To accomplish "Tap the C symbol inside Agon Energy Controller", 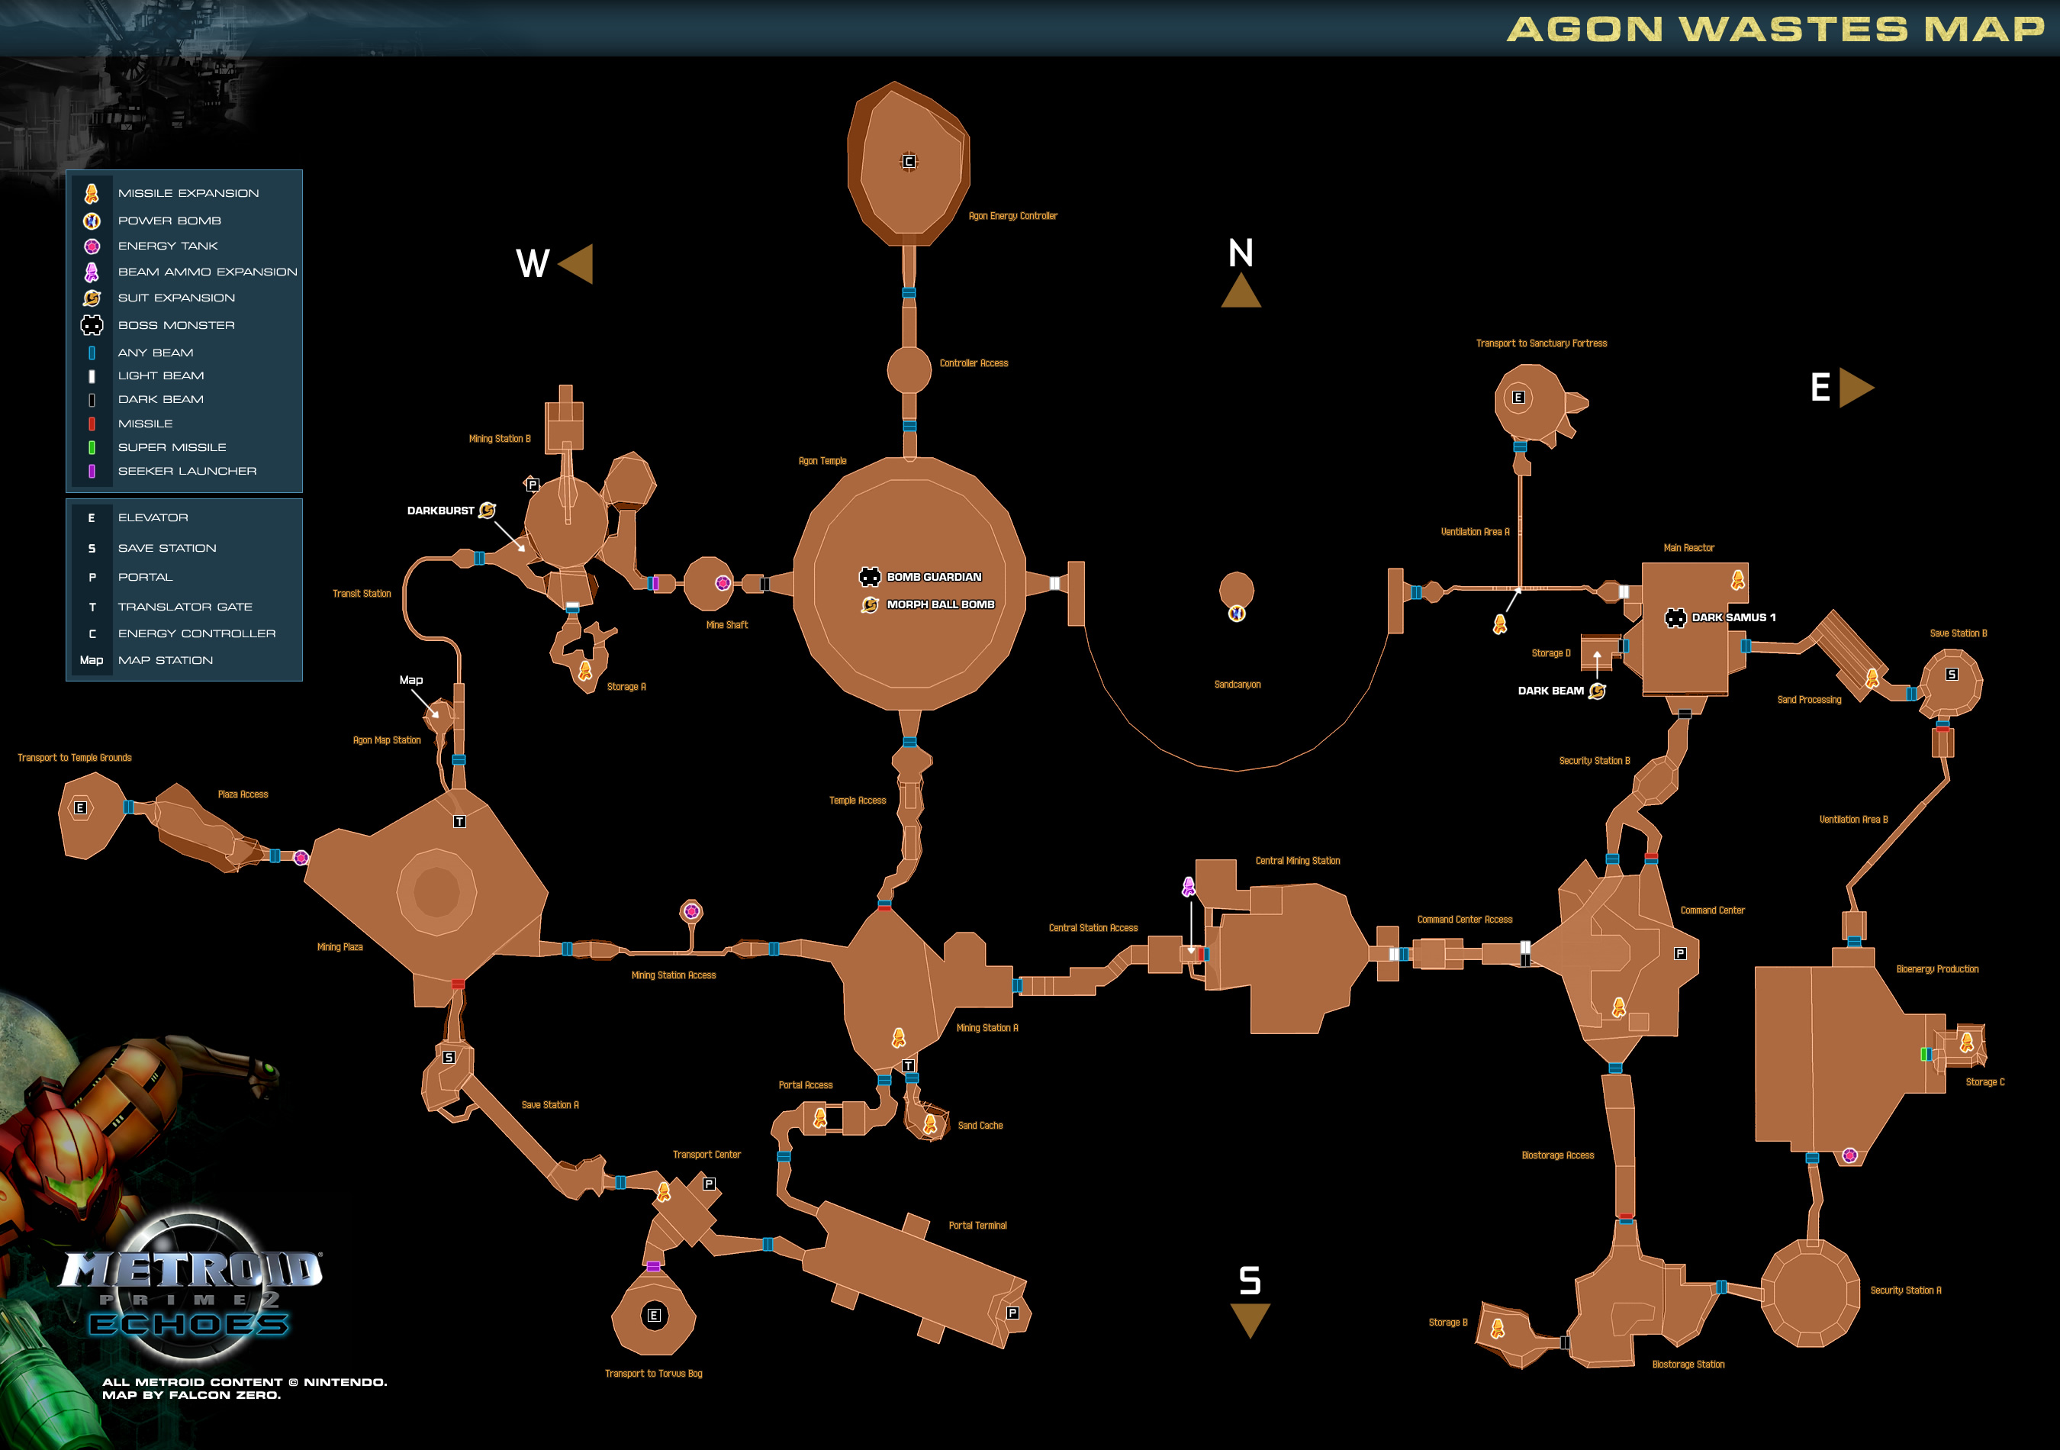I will (x=909, y=162).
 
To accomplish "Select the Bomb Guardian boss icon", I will (x=870, y=577).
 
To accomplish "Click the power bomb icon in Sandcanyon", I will (x=1236, y=614).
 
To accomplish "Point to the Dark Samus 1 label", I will (x=1733, y=617).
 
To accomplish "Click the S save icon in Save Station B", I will (x=1952, y=674).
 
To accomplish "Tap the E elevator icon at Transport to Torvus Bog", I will (x=654, y=1316).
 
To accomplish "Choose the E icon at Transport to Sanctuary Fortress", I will (x=1518, y=398).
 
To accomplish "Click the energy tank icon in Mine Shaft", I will (x=723, y=583).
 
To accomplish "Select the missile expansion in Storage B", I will (x=1498, y=1329).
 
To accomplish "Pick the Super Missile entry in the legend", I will (x=172, y=448).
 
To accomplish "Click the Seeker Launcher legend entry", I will (x=187, y=471).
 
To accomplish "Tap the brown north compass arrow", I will (x=1241, y=292).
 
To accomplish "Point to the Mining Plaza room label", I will (x=340, y=946).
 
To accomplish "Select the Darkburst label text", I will (x=440, y=511).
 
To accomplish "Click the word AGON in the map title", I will (x=1585, y=30).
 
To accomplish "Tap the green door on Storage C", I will (x=1924, y=1054).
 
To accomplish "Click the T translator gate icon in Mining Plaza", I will (x=459, y=822).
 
